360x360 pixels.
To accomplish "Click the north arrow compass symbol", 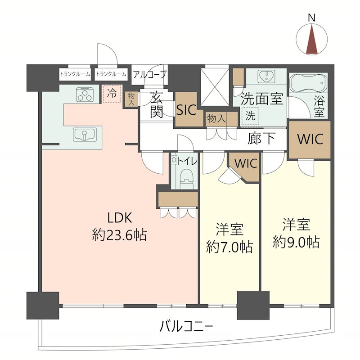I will [x=311, y=39].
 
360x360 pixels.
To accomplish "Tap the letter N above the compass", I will [x=311, y=18].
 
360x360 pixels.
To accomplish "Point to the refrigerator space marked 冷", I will [x=112, y=94].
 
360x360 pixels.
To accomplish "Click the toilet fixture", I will [x=185, y=179].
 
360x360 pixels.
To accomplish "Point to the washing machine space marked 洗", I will [x=250, y=115].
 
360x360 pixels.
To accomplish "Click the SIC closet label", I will [x=186, y=110].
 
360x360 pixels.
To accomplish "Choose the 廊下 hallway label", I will [x=261, y=139].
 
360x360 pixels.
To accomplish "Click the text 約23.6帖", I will [x=119, y=235].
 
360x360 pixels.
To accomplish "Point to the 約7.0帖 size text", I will [x=229, y=247].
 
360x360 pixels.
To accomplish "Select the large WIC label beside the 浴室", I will [x=310, y=139].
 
